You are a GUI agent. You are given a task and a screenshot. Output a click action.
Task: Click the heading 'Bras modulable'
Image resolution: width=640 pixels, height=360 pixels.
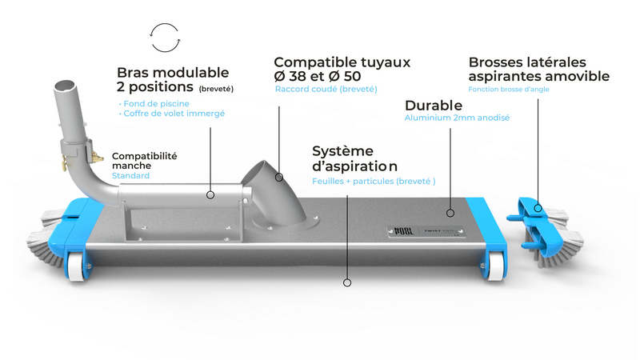pos(173,72)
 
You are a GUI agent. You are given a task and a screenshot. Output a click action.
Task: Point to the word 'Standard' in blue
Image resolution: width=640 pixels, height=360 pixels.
pos(130,175)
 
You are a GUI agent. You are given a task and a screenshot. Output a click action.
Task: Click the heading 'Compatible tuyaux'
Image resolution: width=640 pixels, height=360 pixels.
pos(342,62)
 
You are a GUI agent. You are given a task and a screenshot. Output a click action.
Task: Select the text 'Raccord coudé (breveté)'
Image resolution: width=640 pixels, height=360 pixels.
pos(326,89)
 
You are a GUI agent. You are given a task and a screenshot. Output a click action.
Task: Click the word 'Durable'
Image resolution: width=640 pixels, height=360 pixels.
pos(434,106)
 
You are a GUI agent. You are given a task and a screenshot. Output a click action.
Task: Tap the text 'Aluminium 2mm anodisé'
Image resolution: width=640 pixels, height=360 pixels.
pos(457,118)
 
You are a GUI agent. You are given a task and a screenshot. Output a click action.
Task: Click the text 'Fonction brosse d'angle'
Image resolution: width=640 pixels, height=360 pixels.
pos(509,89)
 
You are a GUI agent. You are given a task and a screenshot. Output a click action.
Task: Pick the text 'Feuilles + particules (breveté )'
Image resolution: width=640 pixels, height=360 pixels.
pos(374,182)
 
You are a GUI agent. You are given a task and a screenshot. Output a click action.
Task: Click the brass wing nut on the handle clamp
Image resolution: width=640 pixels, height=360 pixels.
pos(97,156)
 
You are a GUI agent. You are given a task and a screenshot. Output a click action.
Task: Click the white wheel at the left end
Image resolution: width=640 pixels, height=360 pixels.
pos(77,266)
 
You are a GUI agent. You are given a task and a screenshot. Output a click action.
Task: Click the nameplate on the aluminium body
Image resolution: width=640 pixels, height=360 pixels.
pos(426,231)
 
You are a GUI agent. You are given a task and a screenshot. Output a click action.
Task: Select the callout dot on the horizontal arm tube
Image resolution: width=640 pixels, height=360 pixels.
pos(210,195)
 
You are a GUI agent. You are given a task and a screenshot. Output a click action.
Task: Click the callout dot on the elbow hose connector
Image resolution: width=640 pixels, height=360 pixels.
pos(278,177)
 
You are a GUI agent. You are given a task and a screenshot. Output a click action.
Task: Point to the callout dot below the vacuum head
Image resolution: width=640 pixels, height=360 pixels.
pos(347,282)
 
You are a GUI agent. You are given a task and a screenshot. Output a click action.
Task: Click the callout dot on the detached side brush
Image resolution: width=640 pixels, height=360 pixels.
pos(538,208)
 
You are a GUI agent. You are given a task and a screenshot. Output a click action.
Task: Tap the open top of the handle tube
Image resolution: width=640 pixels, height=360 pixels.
pos(65,86)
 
